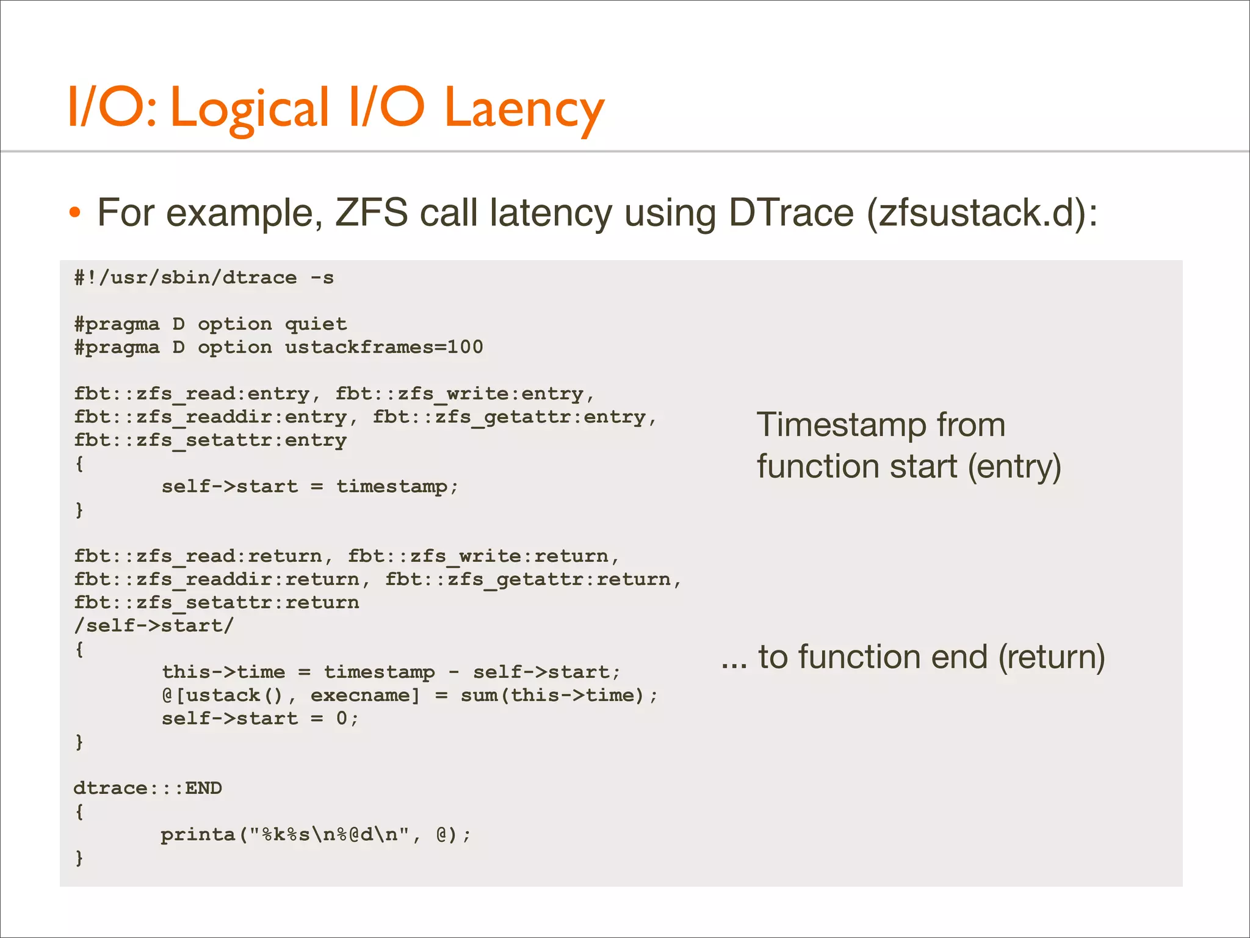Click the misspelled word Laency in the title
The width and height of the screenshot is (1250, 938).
[524, 109]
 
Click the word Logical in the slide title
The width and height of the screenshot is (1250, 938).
[250, 109]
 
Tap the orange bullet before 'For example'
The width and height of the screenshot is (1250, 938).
[74, 213]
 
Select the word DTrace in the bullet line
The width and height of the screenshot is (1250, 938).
[791, 213]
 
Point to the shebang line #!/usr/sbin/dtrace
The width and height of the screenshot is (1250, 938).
[204, 278]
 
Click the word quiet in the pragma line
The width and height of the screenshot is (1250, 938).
[316, 324]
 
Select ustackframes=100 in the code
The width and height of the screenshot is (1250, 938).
[384, 347]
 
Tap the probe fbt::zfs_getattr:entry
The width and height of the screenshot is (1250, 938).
[509, 417]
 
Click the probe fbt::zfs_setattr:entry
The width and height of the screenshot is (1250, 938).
[210, 440]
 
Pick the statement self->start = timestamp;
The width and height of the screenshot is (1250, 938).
[309, 487]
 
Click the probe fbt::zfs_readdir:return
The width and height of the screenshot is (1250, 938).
[216, 579]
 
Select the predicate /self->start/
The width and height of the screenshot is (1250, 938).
[154, 625]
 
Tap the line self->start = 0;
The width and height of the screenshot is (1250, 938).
[260, 718]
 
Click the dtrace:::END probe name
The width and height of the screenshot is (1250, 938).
[148, 788]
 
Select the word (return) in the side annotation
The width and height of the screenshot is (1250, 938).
[1051, 657]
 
